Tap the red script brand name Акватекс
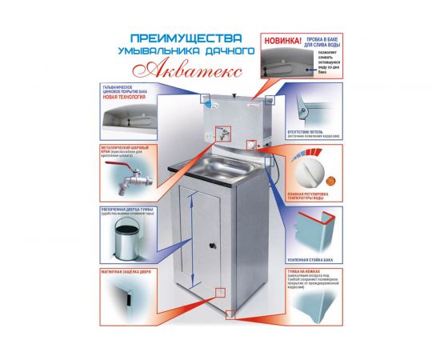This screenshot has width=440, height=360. (210, 67)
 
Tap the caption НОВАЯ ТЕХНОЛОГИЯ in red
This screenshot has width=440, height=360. (126, 98)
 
